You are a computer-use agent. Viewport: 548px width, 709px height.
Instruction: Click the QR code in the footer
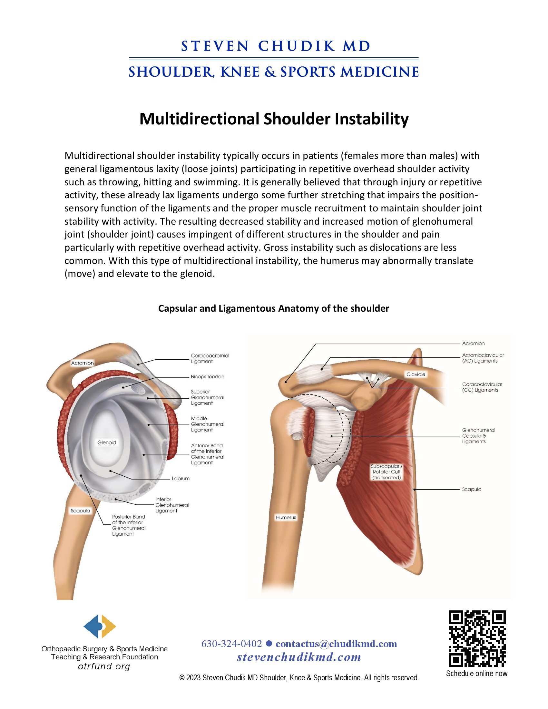pos(477,638)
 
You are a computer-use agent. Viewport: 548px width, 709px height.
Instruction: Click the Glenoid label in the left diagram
pos(106,442)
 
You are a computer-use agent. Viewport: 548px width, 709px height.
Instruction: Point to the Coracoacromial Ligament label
pos(210,358)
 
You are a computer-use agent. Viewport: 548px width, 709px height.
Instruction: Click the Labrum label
pos(181,479)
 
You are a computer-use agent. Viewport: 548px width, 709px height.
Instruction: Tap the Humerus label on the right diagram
pos(286,517)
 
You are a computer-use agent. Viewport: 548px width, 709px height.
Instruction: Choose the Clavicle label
pos(416,374)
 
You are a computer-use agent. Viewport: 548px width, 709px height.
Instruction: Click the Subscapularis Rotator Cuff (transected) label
pos(387,472)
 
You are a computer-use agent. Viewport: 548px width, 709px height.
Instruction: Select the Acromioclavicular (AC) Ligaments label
pos(483,358)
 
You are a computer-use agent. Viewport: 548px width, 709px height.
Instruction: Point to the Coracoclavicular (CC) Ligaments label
pos(482,387)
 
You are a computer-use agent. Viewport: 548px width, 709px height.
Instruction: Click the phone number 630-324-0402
pos(231,644)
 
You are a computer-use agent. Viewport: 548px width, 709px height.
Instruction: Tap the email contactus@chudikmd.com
pos(336,644)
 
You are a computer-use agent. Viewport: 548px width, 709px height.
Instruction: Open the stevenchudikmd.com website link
pos(299,657)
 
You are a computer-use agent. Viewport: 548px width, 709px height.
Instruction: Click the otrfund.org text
pos(104,667)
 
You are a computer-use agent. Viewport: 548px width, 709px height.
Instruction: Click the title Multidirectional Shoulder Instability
pos(274,119)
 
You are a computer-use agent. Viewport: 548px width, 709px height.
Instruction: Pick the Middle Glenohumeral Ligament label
pos(208,424)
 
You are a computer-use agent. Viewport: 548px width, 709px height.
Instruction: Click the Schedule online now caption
pos(476,673)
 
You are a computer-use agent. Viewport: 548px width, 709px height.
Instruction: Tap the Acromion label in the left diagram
pos(83,363)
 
